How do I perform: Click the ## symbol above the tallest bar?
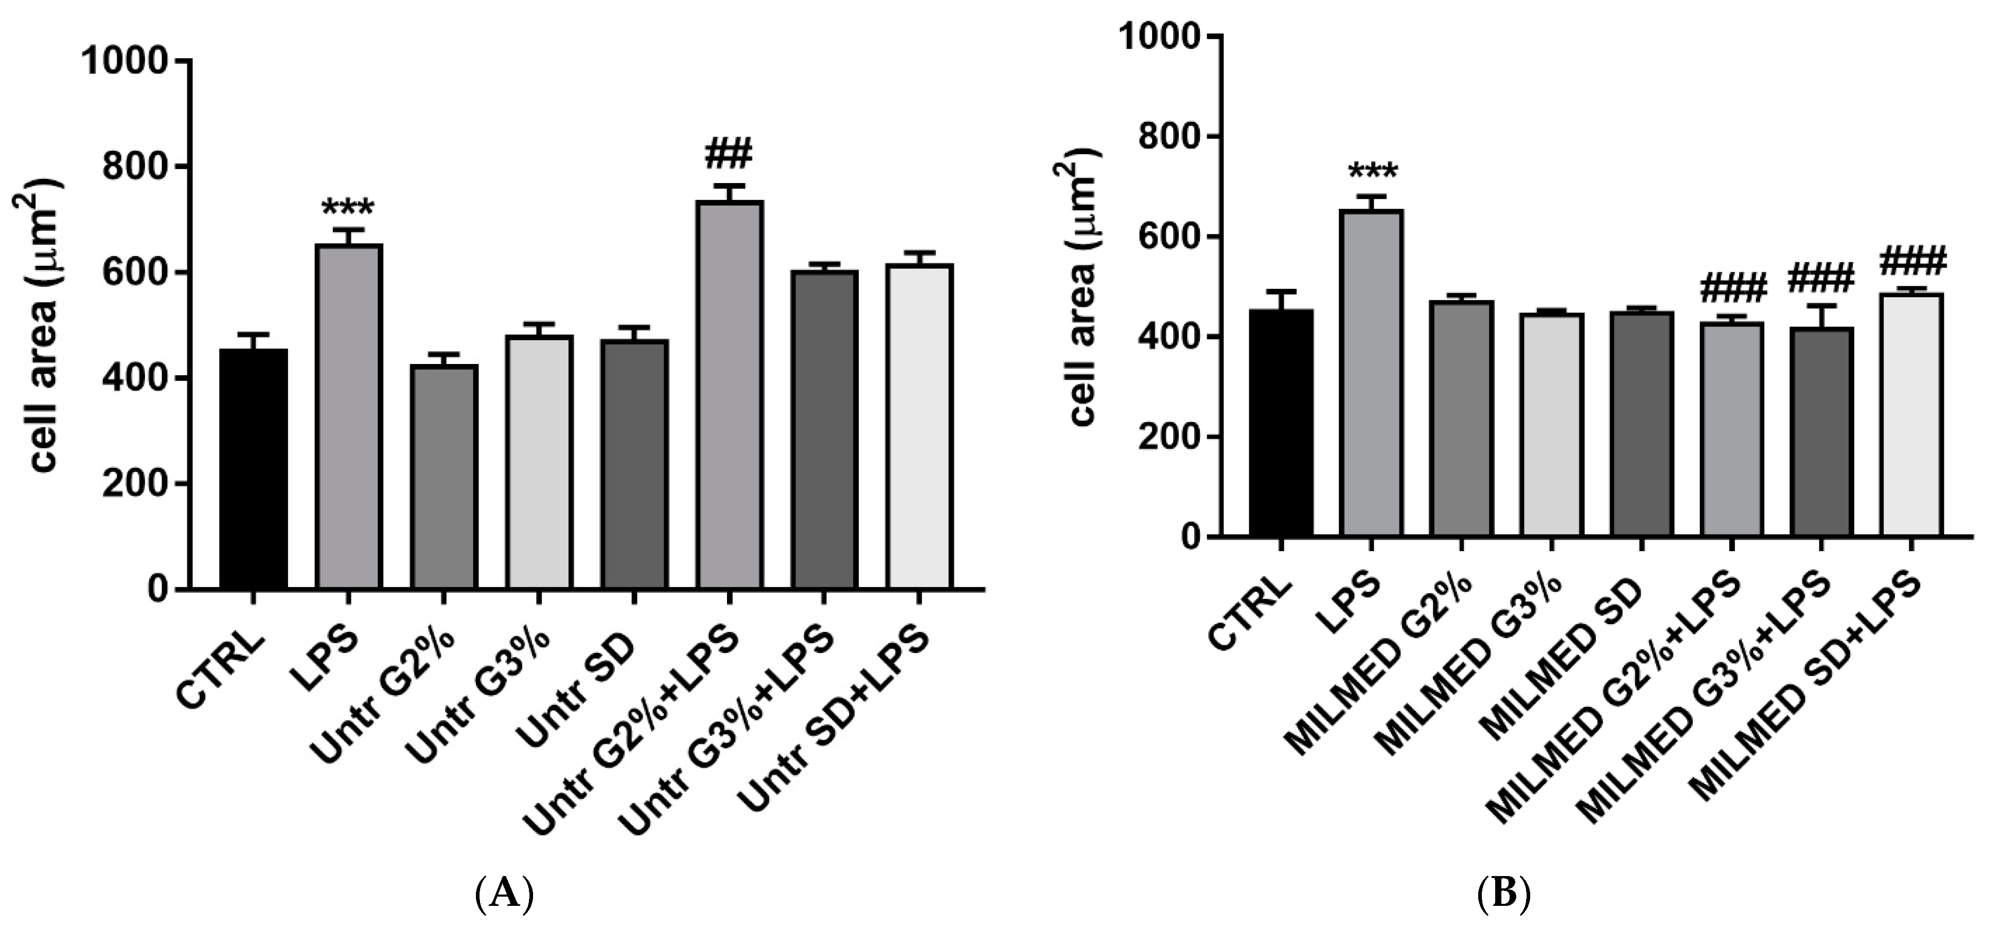pos(729,155)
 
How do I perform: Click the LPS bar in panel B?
pos(1371,373)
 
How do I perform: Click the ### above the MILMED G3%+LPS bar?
pos(1821,277)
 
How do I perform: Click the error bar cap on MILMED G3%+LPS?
pos(1821,305)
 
